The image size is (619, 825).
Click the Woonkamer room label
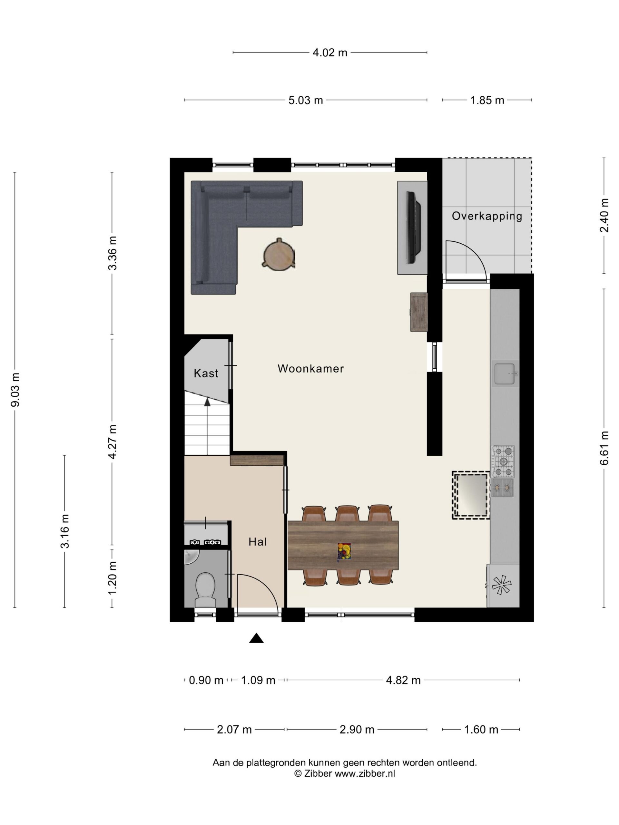pos(310,368)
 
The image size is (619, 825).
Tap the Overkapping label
pos(487,216)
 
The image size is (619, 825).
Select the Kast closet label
pos(206,373)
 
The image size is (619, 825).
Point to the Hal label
pos(258,541)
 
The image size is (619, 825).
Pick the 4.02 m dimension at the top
pos(330,53)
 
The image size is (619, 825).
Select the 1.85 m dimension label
pos(487,100)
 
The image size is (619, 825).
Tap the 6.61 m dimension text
pos(604,448)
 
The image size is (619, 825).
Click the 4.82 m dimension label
pos(403,680)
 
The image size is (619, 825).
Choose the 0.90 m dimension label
pos(206,680)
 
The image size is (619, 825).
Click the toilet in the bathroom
pos(205,590)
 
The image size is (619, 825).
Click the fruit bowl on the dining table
pos(344,552)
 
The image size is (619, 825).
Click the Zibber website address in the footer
pos(365,773)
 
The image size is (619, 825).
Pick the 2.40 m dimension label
pos(604,215)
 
